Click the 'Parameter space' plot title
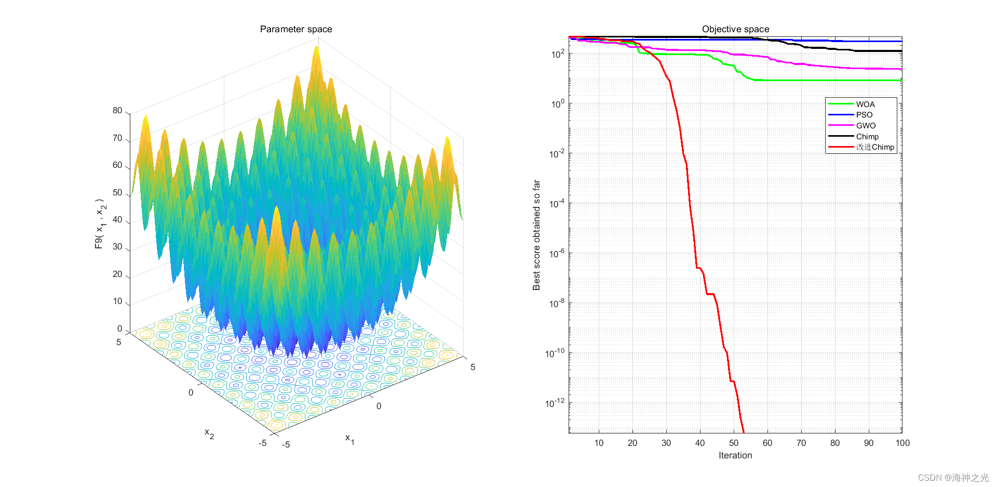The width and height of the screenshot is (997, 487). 296,29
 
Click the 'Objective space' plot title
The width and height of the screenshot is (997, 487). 735,29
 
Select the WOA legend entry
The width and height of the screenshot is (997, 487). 865,104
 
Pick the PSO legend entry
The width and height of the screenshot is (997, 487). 864,115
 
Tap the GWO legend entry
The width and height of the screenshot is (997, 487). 866,126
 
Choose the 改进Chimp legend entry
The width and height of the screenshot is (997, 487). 875,147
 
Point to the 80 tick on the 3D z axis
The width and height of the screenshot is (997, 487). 117,111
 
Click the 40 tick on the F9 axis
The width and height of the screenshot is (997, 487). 117,220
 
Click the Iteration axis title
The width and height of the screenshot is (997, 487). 735,455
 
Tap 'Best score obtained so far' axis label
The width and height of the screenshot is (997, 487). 536,235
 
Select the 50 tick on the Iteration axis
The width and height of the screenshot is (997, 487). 734,443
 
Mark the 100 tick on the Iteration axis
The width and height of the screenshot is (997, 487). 902,443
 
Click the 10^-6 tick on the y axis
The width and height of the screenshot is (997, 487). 557,254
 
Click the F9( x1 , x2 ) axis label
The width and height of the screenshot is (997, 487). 100,223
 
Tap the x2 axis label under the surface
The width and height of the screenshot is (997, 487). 209,433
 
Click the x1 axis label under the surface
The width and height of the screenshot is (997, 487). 349,439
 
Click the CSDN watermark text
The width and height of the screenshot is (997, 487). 953,478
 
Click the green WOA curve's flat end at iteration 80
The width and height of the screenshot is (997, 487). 835,80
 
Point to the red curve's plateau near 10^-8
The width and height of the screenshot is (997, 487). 710,294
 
